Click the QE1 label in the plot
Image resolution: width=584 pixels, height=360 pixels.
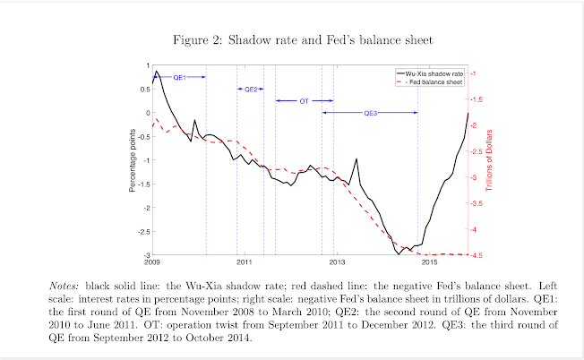pos(178,78)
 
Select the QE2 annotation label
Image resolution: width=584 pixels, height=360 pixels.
pos(251,90)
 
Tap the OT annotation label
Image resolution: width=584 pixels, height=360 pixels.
pos(304,101)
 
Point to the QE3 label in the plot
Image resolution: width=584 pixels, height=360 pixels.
pos(371,113)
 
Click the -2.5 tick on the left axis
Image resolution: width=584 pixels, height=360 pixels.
pos(143,232)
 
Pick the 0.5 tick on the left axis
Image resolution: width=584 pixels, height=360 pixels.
pos(144,90)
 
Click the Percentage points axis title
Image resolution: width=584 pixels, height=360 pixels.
pos(133,161)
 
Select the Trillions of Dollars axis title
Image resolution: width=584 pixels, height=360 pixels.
pos(490,161)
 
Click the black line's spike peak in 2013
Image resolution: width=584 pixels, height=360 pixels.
pos(356,159)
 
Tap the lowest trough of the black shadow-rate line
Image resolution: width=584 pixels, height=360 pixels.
pos(399,254)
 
